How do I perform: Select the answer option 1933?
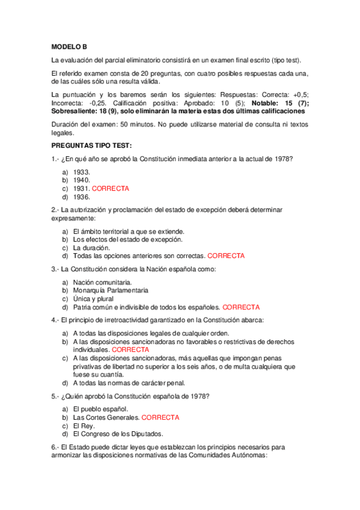81,171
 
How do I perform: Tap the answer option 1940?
81,180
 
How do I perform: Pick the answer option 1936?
81,197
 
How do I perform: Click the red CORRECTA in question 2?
226,256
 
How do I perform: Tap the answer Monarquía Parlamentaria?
110,290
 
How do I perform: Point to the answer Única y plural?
93,299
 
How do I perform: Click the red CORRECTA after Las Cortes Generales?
160,417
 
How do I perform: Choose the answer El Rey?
84,425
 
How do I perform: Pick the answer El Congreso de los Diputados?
118,434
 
